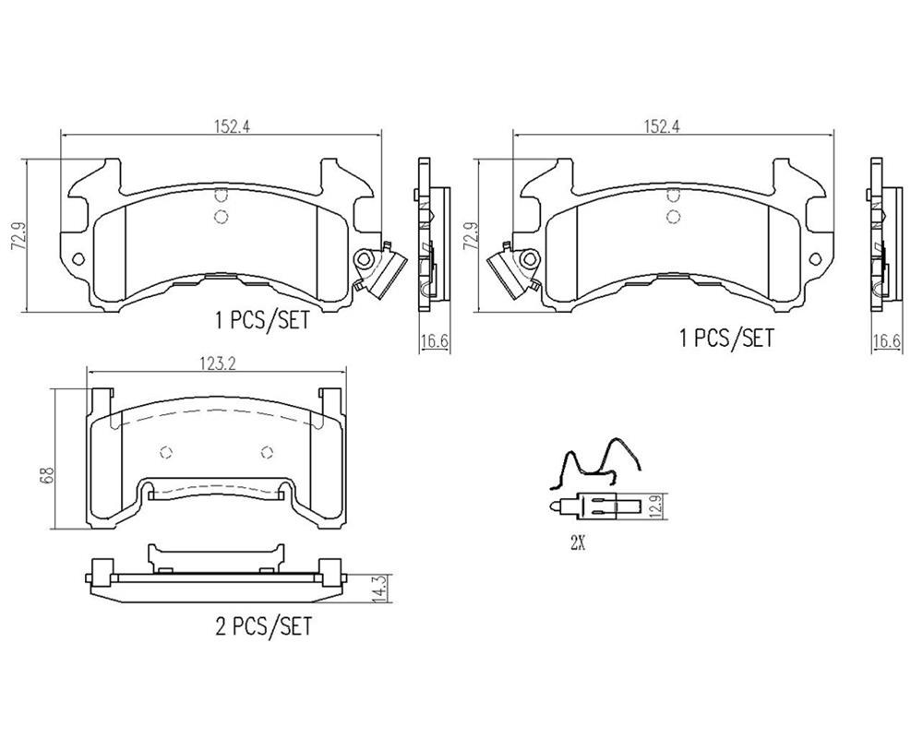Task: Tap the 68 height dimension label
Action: pos(47,475)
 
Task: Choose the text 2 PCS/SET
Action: pos(262,626)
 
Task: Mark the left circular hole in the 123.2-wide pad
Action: pos(166,452)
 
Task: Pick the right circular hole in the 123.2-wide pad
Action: pos(268,452)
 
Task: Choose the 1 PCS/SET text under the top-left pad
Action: pos(262,321)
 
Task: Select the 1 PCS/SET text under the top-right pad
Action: pos(726,339)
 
